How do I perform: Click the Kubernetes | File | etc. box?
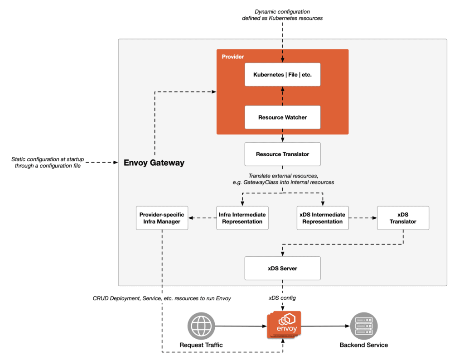(282, 74)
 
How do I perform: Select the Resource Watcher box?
(282, 117)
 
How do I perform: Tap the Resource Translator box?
(282, 154)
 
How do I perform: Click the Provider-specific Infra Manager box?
(162, 218)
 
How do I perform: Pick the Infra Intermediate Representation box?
(242, 218)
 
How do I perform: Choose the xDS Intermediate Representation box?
(323, 218)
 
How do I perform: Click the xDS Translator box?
(403, 218)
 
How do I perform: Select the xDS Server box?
(282, 268)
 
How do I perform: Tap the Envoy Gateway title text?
(154, 163)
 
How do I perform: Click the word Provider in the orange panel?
(233, 57)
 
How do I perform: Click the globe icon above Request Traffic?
(201, 326)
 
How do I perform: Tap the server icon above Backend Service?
(364, 326)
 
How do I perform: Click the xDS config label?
(283, 298)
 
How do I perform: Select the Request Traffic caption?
(201, 345)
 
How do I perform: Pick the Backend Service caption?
(364, 345)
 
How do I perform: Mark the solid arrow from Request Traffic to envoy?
(240, 326)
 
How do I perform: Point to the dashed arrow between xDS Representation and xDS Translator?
(362, 218)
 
